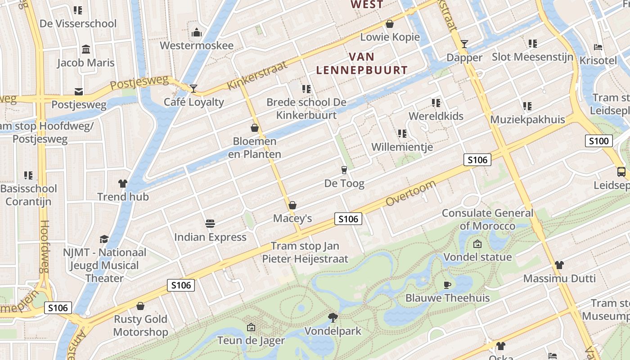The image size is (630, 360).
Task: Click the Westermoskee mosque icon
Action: (x=196, y=33)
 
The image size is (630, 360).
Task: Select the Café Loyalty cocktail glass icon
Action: (x=193, y=89)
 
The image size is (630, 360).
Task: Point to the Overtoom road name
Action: (x=411, y=193)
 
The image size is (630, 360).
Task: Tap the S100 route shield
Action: (x=599, y=141)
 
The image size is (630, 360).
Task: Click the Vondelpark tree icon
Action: (x=333, y=318)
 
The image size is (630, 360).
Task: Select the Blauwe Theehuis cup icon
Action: (x=447, y=285)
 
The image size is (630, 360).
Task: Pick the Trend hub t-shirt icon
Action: (x=123, y=184)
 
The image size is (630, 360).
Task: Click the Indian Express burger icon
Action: (x=210, y=224)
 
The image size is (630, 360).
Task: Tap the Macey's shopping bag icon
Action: (x=292, y=206)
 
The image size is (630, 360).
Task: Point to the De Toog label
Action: (x=344, y=184)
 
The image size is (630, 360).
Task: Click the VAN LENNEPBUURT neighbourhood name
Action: (x=362, y=63)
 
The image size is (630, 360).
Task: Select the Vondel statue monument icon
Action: (x=477, y=244)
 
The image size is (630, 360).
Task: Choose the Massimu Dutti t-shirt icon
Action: (x=559, y=265)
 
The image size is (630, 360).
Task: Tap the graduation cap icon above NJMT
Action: (x=104, y=239)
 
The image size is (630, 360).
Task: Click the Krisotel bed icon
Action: (x=598, y=47)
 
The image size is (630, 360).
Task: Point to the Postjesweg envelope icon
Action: (x=79, y=92)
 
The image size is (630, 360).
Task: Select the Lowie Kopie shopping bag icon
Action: (x=390, y=24)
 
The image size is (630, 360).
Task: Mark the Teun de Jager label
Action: (x=251, y=340)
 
